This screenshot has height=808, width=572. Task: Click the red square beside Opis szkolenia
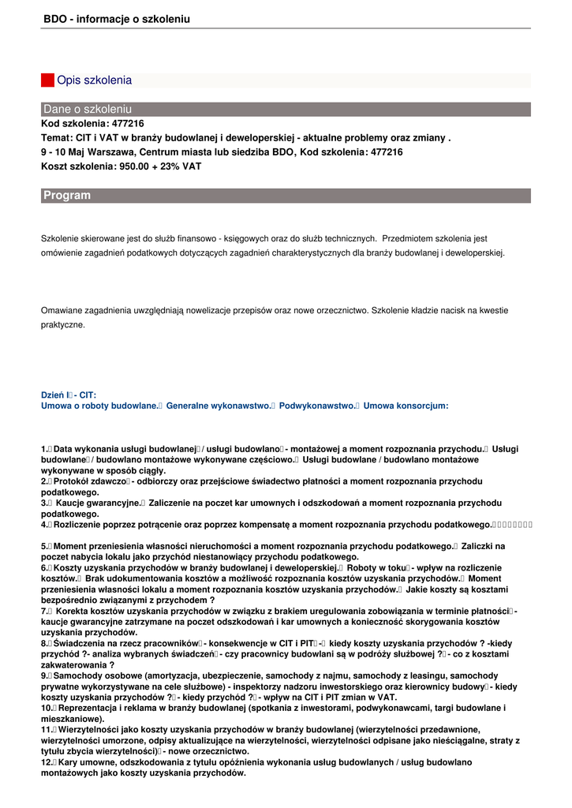[x=47, y=80]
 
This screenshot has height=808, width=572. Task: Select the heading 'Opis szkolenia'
[x=94, y=80]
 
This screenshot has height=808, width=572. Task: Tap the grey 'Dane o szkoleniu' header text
[x=88, y=109]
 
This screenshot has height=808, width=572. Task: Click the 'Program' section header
[x=67, y=195]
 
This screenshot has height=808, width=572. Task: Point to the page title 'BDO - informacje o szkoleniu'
[x=117, y=18]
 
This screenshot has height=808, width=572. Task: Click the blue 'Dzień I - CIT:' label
[x=69, y=395]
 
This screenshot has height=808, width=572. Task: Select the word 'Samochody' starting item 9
[x=79, y=676]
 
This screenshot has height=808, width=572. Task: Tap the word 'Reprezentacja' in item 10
[x=90, y=709]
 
